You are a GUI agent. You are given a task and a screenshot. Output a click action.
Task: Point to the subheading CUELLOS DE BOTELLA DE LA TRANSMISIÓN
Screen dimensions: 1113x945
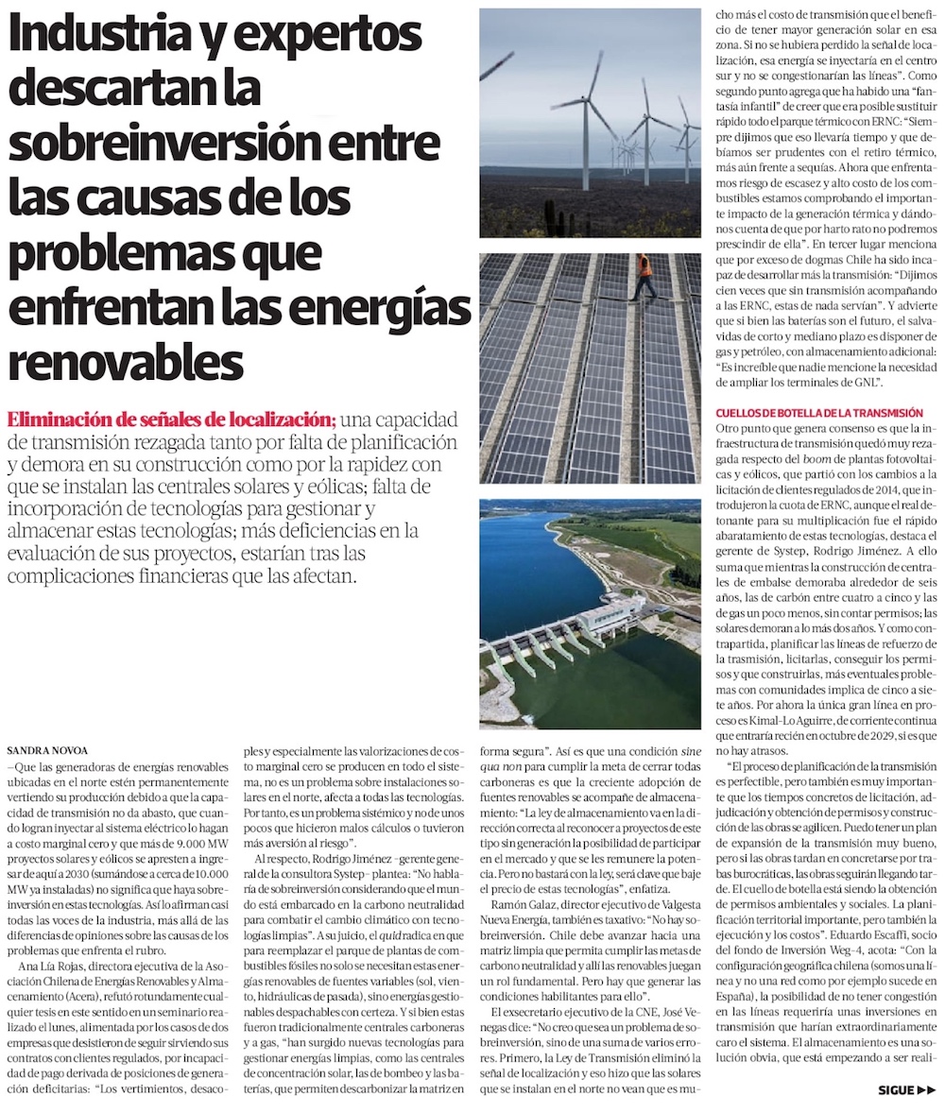[x=819, y=413]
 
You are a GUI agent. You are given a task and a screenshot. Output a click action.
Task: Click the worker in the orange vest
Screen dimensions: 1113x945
[x=644, y=273]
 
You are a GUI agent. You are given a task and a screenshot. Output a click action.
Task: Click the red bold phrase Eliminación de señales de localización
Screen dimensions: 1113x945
[x=171, y=419]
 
